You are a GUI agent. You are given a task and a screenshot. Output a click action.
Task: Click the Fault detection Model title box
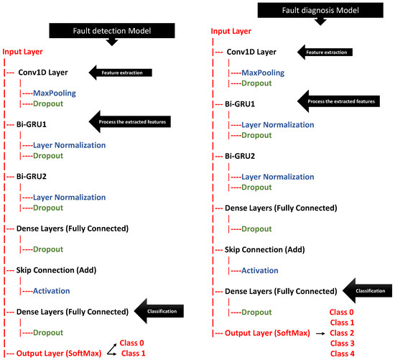[111, 31]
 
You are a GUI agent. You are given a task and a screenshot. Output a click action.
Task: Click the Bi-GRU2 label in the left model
[33, 176]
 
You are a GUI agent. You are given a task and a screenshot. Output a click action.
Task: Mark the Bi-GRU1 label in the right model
[242, 104]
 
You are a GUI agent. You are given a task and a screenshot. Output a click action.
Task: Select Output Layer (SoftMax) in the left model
[65, 353]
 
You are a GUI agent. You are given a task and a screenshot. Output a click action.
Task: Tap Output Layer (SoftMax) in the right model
[274, 333]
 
